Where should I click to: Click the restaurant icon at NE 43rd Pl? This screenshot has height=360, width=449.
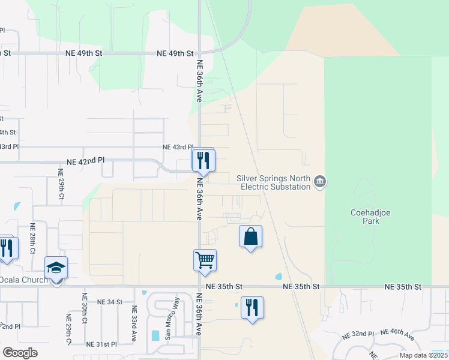pos(203,160)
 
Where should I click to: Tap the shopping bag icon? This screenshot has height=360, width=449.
pos(251,236)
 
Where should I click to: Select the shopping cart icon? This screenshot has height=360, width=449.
pos(205,260)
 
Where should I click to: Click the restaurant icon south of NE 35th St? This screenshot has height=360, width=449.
pos(252,307)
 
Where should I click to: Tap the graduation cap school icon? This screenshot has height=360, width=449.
pos(56,267)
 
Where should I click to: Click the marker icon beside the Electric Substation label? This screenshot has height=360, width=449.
pos(320,182)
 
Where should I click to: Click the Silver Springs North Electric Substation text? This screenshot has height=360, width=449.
pos(273,182)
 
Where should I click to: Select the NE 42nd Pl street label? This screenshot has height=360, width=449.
pos(85,161)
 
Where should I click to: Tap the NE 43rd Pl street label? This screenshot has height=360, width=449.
pos(178,147)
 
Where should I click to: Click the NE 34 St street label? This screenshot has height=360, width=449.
pos(109,302)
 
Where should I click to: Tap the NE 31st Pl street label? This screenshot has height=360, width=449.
pos(101,344)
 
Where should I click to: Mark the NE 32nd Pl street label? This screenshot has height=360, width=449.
pos(358,334)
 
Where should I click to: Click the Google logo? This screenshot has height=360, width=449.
pos(20,353)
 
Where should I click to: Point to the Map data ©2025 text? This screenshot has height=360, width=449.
pos(423,355)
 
